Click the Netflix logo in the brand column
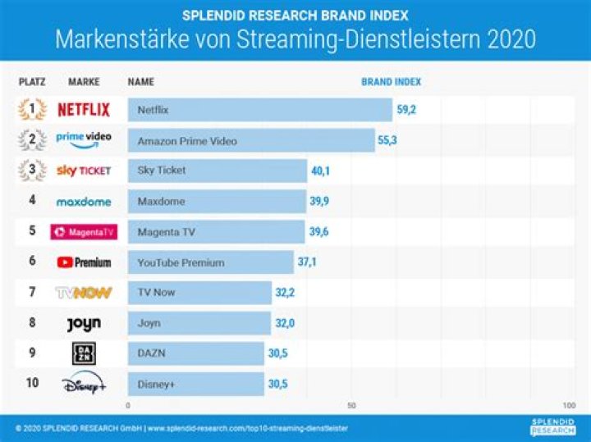coord(84,110)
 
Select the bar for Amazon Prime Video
coord(251,141)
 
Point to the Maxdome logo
coord(84,201)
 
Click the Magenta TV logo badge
coord(84,232)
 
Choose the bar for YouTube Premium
coord(210,262)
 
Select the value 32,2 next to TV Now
coord(286,293)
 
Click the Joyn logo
coord(84,323)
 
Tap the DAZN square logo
coord(84,353)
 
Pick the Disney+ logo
coord(84,384)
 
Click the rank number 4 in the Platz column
coord(32,201)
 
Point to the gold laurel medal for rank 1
coord(32,110)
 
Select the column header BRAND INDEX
coord(391,83)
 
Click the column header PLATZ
coord(32,83)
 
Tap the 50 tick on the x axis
coord(351,406)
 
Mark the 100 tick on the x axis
coord(569,406)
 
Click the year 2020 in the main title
coord(509,39)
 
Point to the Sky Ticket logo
coord(84,171)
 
